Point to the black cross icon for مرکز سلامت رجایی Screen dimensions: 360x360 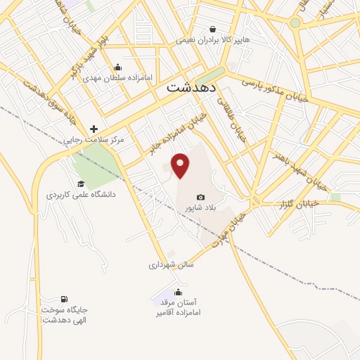(94, 128)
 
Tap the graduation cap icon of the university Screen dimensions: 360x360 (80, 184)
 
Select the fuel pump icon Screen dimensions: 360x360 (65, 300)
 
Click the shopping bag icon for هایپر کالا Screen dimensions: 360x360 (213, 29)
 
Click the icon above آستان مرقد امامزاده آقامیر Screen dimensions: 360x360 (179, 291)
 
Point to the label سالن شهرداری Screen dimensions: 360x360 (171, 265)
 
